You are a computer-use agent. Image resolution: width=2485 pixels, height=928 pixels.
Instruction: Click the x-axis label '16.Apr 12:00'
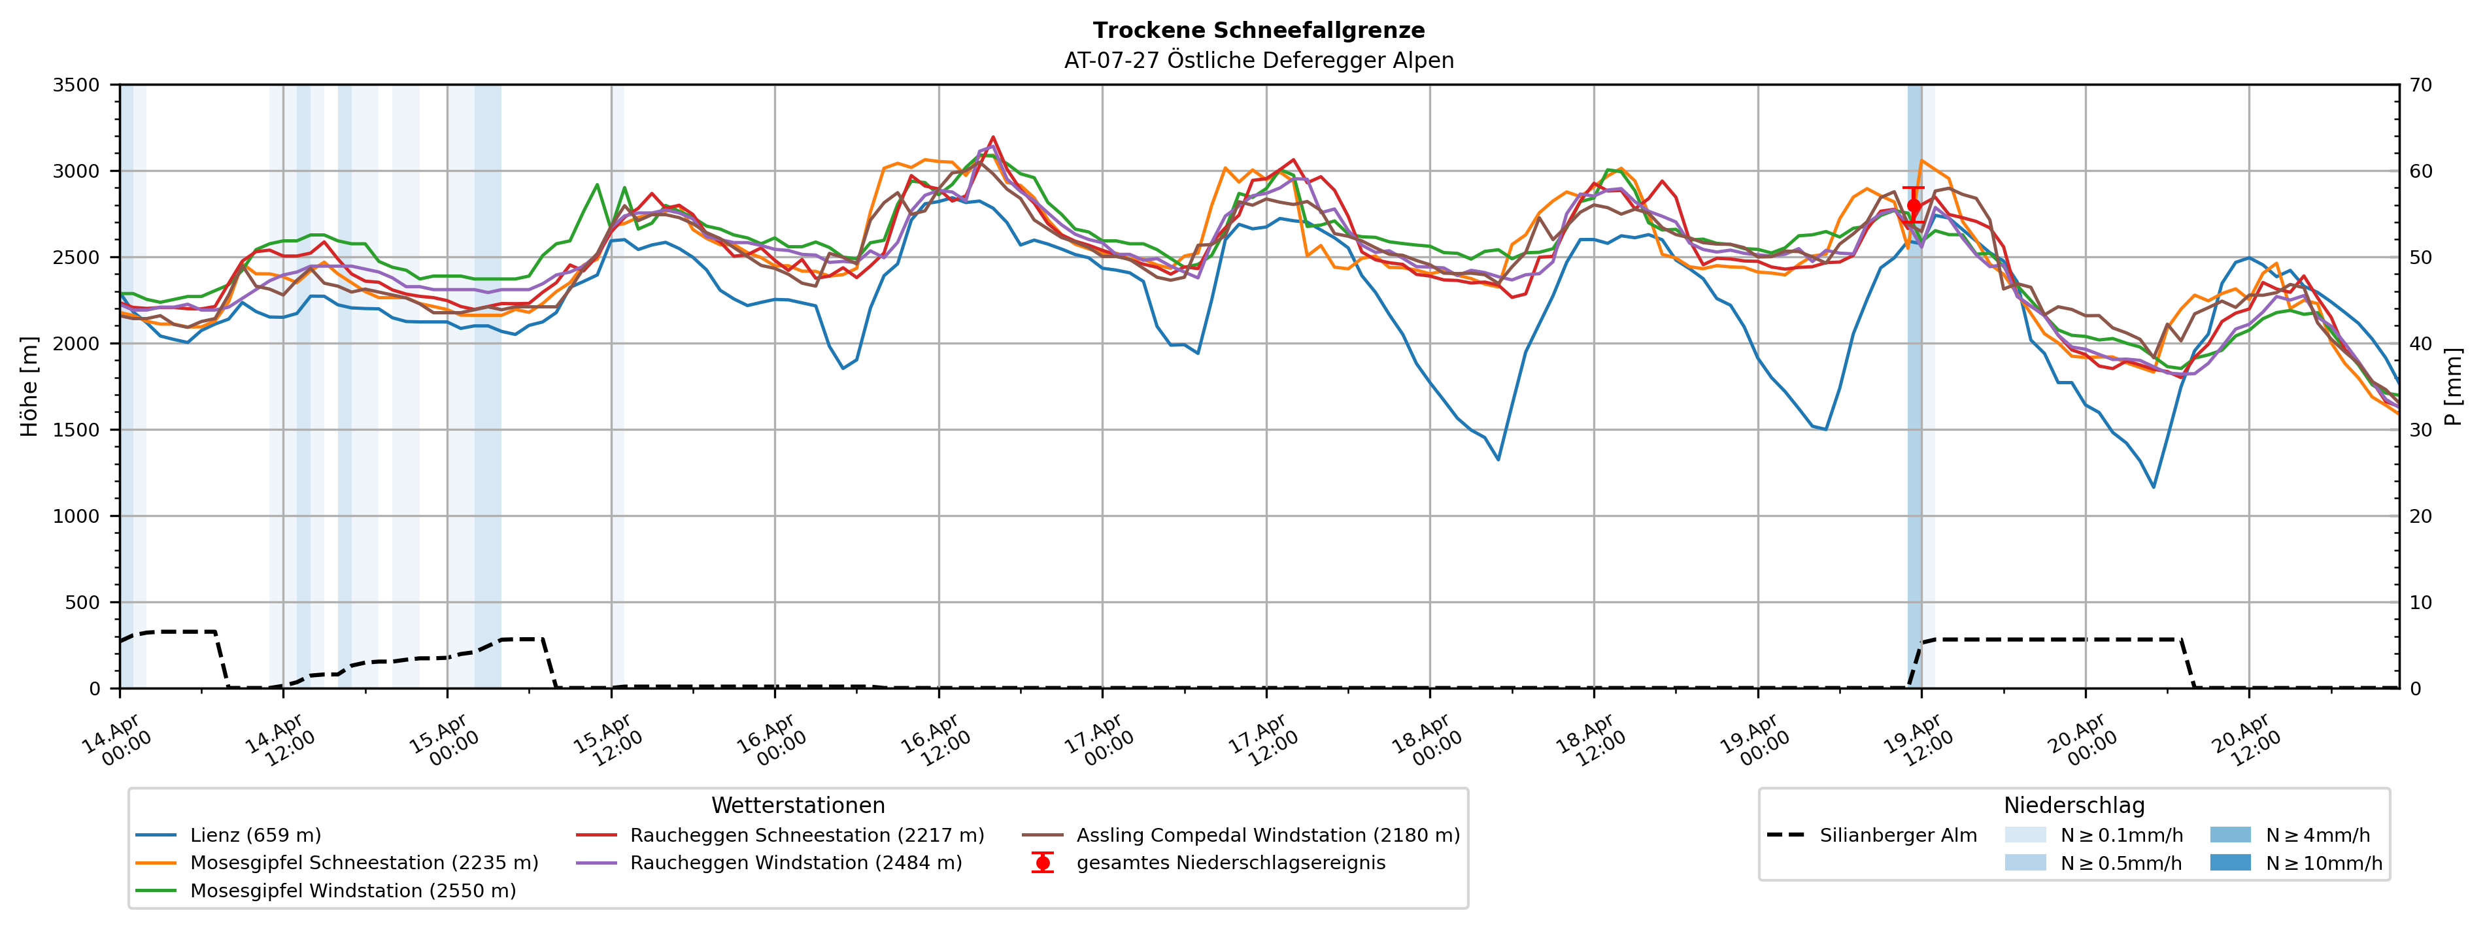point(936,741)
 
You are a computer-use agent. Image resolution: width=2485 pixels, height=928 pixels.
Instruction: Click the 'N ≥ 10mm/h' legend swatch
point(2230,863)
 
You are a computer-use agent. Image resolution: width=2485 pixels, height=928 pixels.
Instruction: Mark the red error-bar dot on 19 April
point(1914,205)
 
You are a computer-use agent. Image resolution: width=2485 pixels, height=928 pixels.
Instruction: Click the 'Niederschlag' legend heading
point(2074,806)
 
